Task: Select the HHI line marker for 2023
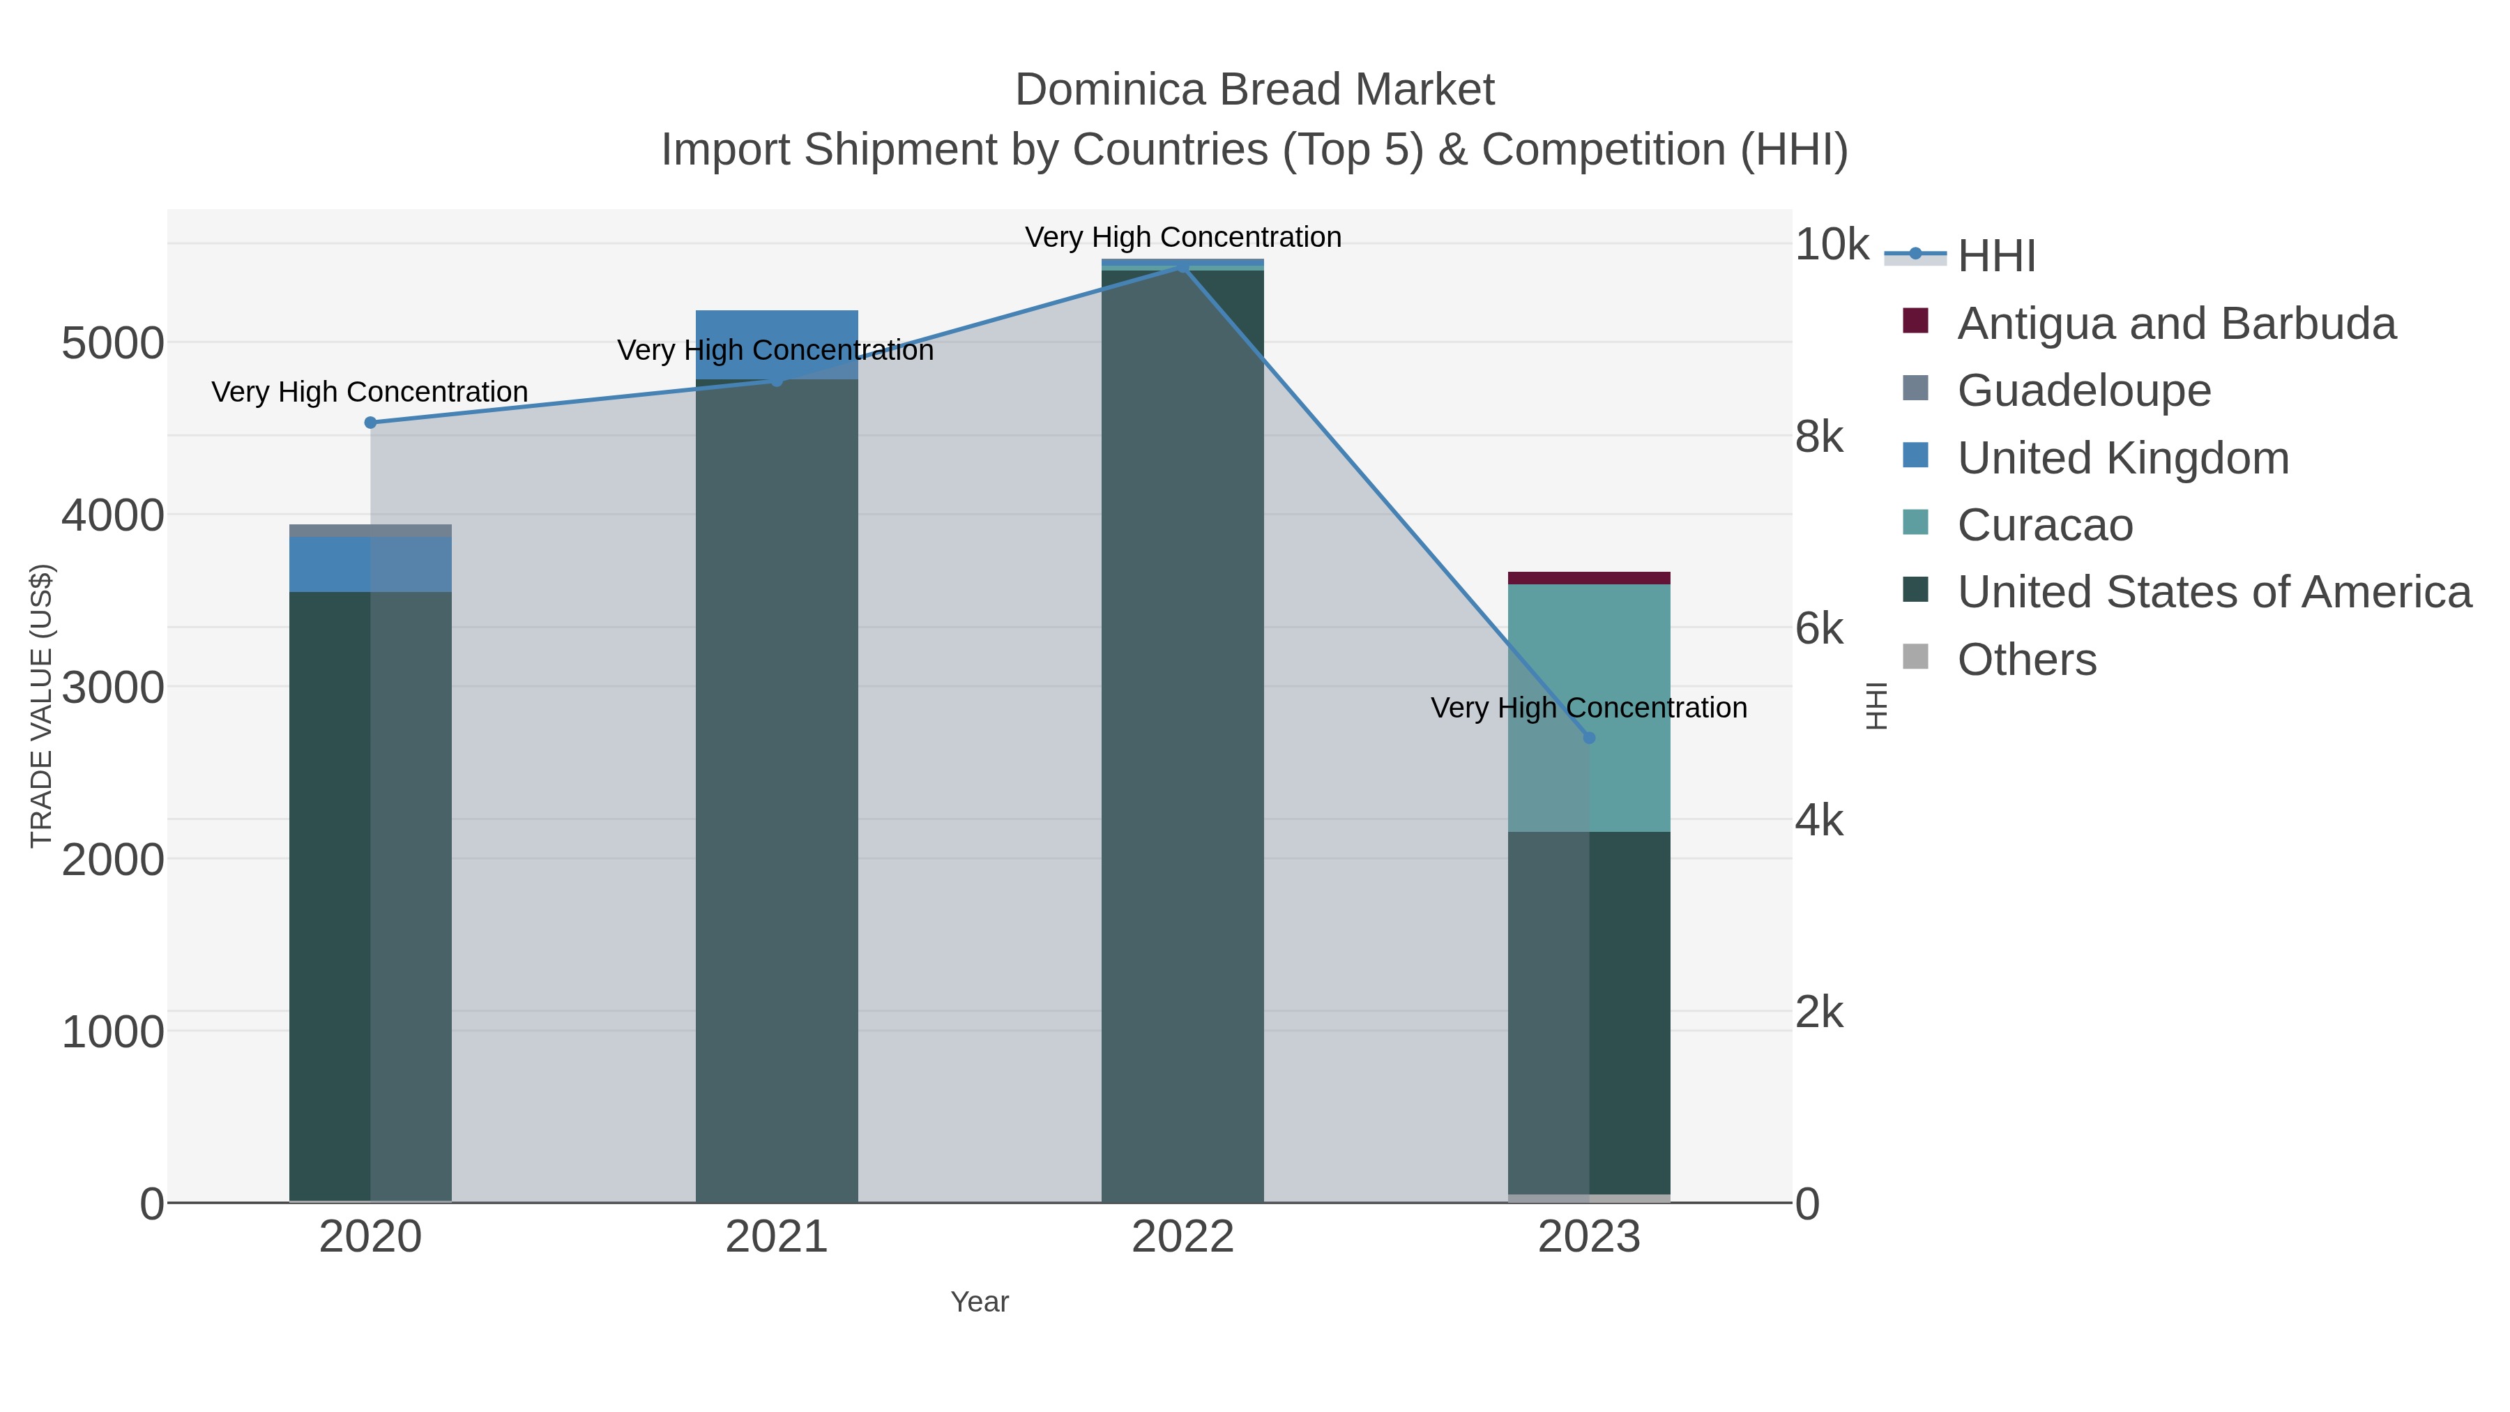click(1589, 738)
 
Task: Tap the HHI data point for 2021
click(777, 381)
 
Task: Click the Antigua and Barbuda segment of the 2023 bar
click(1589, 578)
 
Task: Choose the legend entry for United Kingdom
click(2122, 458)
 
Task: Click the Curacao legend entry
click(2044, 525)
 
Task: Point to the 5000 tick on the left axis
click(112, 344)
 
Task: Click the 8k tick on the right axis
click(1818, 437)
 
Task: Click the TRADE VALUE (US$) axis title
click(42, 706)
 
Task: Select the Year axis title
click(980, 1302)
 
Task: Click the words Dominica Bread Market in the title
click(1254, 90)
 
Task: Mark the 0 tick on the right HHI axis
click(1807, 1204)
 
